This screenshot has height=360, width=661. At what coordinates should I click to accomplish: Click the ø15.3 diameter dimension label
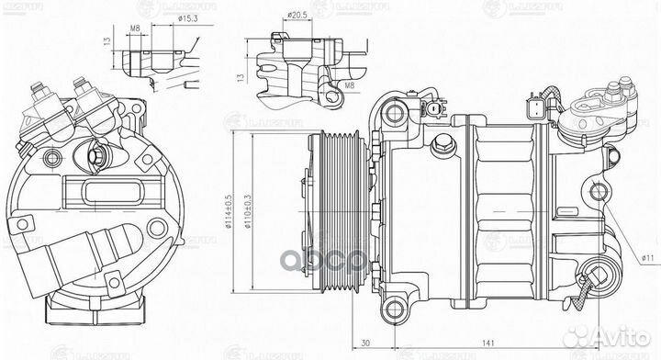(x=190, y=18)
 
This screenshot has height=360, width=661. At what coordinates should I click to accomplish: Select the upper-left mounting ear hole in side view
(x=395, y=114)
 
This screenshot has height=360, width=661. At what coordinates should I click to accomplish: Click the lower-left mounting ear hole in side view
(x=394, y=305)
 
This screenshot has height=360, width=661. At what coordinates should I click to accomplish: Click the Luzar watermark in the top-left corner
(x=20, y=8)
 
